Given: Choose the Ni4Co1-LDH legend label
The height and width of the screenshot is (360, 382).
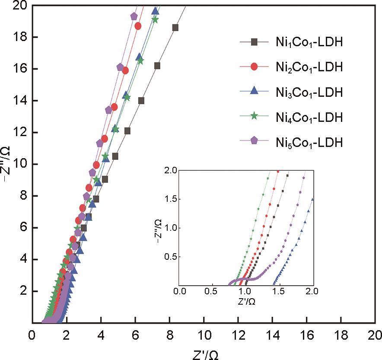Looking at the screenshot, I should coord(309,117).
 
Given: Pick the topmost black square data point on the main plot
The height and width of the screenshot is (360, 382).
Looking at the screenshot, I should coord(175,28).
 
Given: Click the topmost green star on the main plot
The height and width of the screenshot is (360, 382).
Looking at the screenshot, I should coord(155,19).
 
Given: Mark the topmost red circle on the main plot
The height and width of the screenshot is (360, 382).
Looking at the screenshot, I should coord(138,26).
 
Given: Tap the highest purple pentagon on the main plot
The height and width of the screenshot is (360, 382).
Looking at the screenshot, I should coord(134,16).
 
